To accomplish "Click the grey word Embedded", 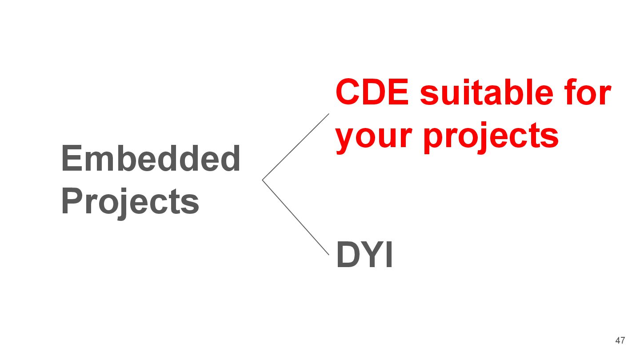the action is [151, 159].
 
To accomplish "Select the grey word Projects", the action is [130, 202].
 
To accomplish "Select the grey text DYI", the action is [364, 255].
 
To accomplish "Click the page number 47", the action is [620, 341].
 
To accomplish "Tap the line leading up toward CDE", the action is [296, 147].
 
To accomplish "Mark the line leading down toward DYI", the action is [296, 217].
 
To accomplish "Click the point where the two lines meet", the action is [263, 180].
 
